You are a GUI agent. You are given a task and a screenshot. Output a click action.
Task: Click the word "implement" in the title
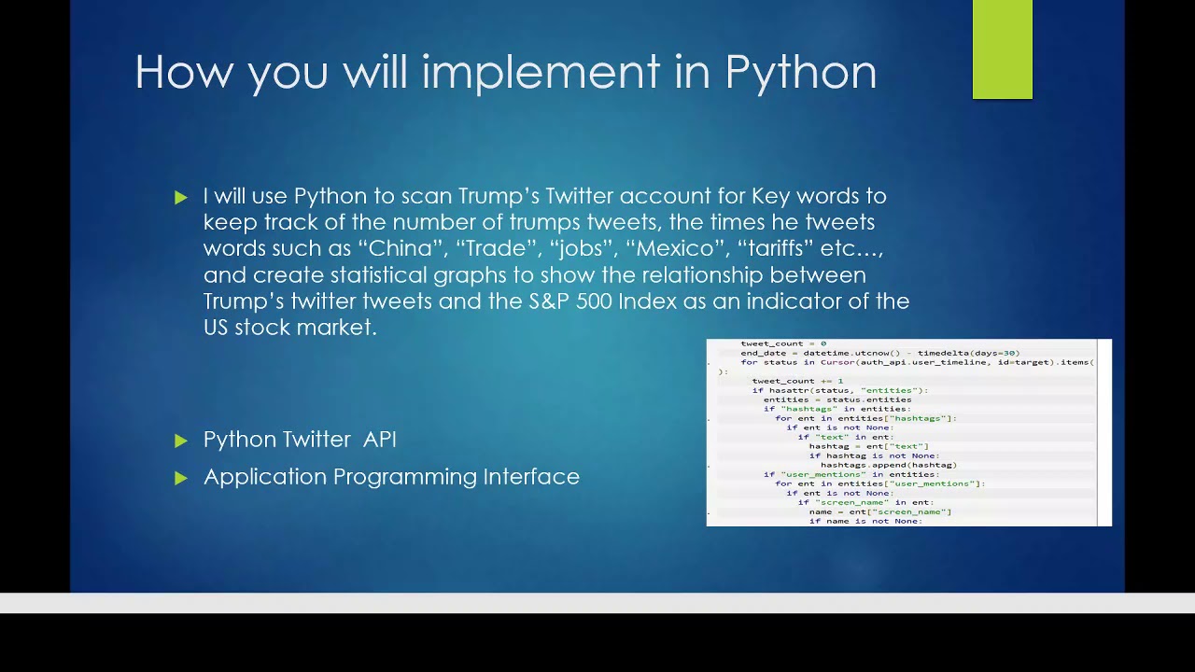coord(541,72)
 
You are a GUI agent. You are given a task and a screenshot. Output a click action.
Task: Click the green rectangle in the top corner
coord(1002,49)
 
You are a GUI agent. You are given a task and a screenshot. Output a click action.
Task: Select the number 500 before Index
coord(594,301)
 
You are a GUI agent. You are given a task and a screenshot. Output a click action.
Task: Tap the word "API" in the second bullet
coord(379,440)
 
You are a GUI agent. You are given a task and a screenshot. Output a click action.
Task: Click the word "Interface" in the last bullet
coord(531,477)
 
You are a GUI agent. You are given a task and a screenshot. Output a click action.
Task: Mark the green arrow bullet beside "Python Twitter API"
coord(181,441)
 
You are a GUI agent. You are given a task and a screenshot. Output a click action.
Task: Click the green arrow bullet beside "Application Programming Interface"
coord(181,478)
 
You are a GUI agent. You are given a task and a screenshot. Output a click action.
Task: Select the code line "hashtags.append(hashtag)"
coord(888,465)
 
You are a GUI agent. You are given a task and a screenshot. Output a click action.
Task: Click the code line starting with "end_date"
coord(879,353)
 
